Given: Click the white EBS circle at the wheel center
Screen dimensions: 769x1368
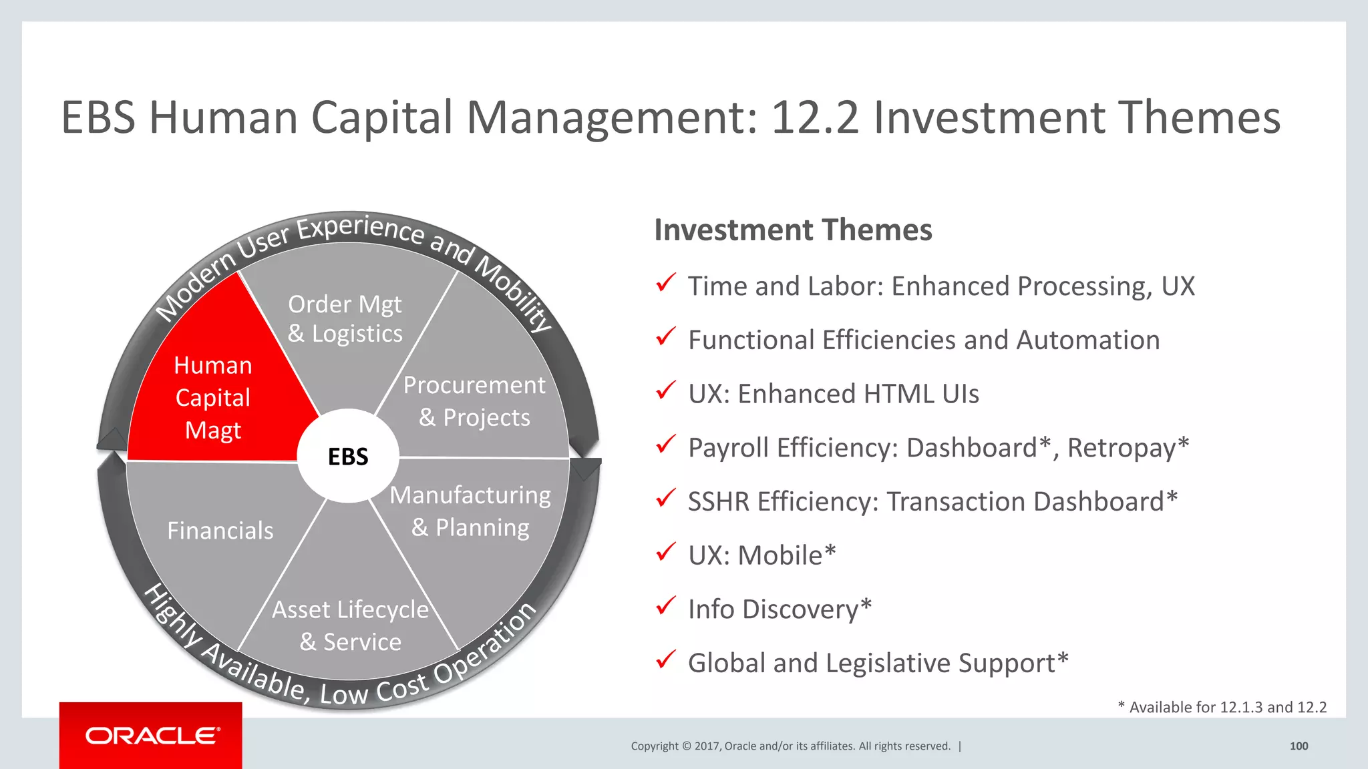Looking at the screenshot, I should (x=348, y=457).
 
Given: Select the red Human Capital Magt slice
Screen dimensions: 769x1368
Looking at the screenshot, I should (x=213, y=398).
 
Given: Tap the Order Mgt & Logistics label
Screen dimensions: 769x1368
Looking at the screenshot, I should (x=345, y=319).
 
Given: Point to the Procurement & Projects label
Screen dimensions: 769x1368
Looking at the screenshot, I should (x=474, y=401).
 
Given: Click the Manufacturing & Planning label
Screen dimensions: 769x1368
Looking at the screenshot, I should (x=470, y=511).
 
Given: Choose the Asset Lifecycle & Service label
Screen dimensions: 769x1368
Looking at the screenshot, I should (x=350, y=625).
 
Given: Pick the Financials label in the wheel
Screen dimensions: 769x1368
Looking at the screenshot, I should (x=220, y=531).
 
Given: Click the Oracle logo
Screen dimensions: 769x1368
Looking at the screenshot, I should (x=152, y=736).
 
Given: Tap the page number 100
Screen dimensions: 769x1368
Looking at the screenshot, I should (x=1299, y=746).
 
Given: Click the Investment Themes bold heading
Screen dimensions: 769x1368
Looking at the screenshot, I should (x=793, y=230).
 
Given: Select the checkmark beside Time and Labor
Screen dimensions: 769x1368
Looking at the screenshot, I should (x=665, y=283).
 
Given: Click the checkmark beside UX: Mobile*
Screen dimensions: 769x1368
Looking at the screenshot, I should (x=665, y=553).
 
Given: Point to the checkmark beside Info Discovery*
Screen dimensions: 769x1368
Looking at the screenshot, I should (x=665, y=606).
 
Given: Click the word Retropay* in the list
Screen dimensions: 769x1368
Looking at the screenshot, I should (x=1128, y=448).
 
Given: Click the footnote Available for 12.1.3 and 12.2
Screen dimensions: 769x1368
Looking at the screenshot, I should (x=1222, y=708).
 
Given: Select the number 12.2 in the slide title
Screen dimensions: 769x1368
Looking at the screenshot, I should (x=814, y=118).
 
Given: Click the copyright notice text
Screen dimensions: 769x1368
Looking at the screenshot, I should (x=790, y=746).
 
